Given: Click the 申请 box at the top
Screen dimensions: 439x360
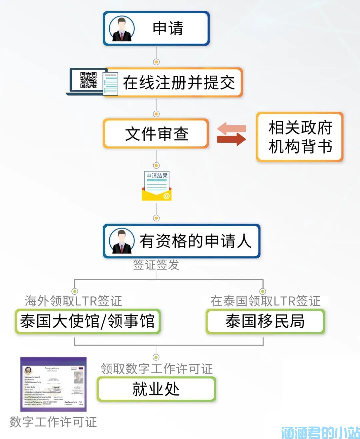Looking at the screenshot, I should (x=156, y=29).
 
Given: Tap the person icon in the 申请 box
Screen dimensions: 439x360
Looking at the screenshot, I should (x=122, y=29).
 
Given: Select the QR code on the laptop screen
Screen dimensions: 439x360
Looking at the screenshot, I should (x=88, y=80).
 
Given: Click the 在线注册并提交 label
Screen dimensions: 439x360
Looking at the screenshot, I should (x=179, y=83).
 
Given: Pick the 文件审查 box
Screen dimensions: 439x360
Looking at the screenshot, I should (x=156, y=134).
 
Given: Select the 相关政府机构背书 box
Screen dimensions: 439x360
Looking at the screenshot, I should (x=300, y=137).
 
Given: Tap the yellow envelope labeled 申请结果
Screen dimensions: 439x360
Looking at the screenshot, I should (x=156, y=186).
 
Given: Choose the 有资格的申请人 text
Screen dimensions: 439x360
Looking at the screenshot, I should (x=195, y=241).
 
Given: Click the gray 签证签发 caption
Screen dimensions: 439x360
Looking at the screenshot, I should (x=156, y=265).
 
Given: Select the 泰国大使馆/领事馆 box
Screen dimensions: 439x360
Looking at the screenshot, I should (x=88, y=321).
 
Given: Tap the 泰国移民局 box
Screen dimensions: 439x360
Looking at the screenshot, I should (x=265, y=321).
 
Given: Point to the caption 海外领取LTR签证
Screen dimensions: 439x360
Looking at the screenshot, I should (x=73, y=301).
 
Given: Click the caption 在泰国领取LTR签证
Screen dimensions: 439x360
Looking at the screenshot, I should (x=265, y=301).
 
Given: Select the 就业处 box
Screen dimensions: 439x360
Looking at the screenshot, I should (x=156, y=389).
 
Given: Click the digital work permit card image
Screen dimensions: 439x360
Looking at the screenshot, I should (x=53, y=384).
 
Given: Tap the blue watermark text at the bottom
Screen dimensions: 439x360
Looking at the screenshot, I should (x=320, y=432).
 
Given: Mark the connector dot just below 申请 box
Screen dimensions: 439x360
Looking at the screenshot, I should (x=156, y=62).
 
